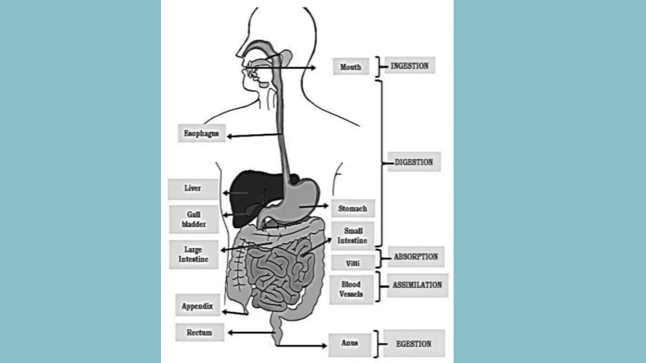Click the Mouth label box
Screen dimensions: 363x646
click(x=351, y=66)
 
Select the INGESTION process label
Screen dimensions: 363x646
click(x=409, y=66)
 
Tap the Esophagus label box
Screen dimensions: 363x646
click(x=201, y=133)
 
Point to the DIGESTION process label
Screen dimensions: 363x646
click(x=414, y=162)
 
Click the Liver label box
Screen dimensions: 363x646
click(x=193, y=188)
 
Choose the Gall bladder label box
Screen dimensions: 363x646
click(x=194, y=219)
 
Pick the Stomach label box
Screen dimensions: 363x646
click(x=353, y=208)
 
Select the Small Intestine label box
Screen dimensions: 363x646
click(x=352, y=236)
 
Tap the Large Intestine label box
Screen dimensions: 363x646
click(x=193, y=255)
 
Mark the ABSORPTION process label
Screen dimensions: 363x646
click(x=416, y=257)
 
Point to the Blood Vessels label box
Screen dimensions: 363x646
click(x=351, y=289)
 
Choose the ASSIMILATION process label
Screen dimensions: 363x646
click(x=417, y=285)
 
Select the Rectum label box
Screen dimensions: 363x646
click(x=199, y=332)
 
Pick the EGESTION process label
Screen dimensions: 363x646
click(x=414, y=343)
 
